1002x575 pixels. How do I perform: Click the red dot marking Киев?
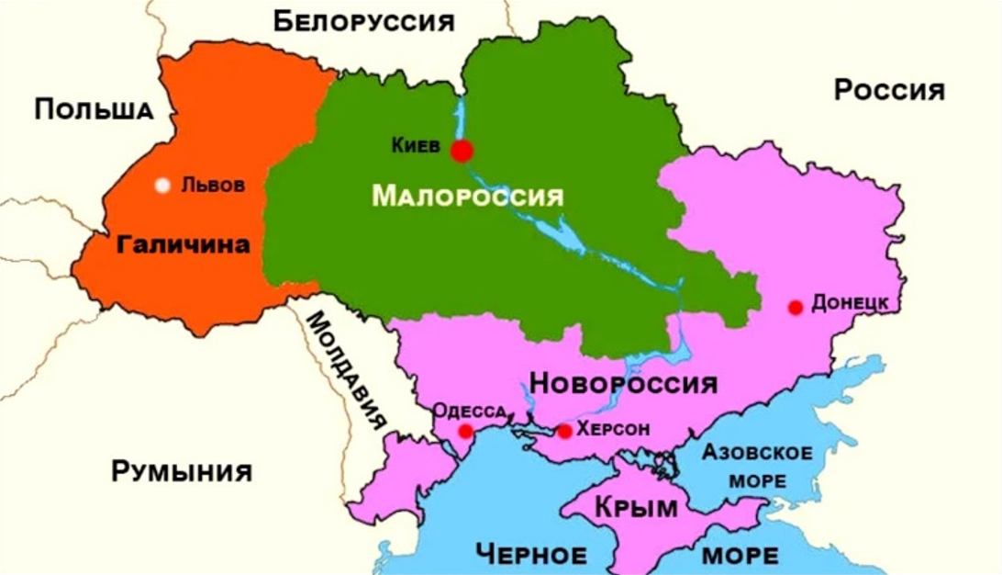pyautogui.click(x=462, y=151)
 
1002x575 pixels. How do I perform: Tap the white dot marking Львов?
pyautogui.click(x=162, y=186)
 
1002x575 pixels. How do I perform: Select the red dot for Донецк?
pyautogui.click(x=796, y=308)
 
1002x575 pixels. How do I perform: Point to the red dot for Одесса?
pyautogui.click(x=466, y=432)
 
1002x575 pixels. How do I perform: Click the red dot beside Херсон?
pyautogui.click(x=564, y=431)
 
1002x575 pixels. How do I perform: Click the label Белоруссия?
pyautogui.click(x=364, y=21)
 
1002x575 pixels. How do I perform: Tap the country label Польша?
pyautogui.click(x=94, y=110)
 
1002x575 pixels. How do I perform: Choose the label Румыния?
pyautogui.click(x=182, y=472)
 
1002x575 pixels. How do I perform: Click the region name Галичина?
pyautogui.click(x=184, y=245)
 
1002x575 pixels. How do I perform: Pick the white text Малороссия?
pyautogui.click(x=467, y=196)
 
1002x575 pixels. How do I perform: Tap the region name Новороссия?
pyautogui.click(x=624, y=382)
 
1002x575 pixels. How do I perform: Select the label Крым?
pyautogui.click(x=636, y=507)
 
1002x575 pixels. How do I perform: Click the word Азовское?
pyautogui.click(x=757, y=453)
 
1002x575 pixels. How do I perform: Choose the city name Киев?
pyautogui.click(x=416, y=145)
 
